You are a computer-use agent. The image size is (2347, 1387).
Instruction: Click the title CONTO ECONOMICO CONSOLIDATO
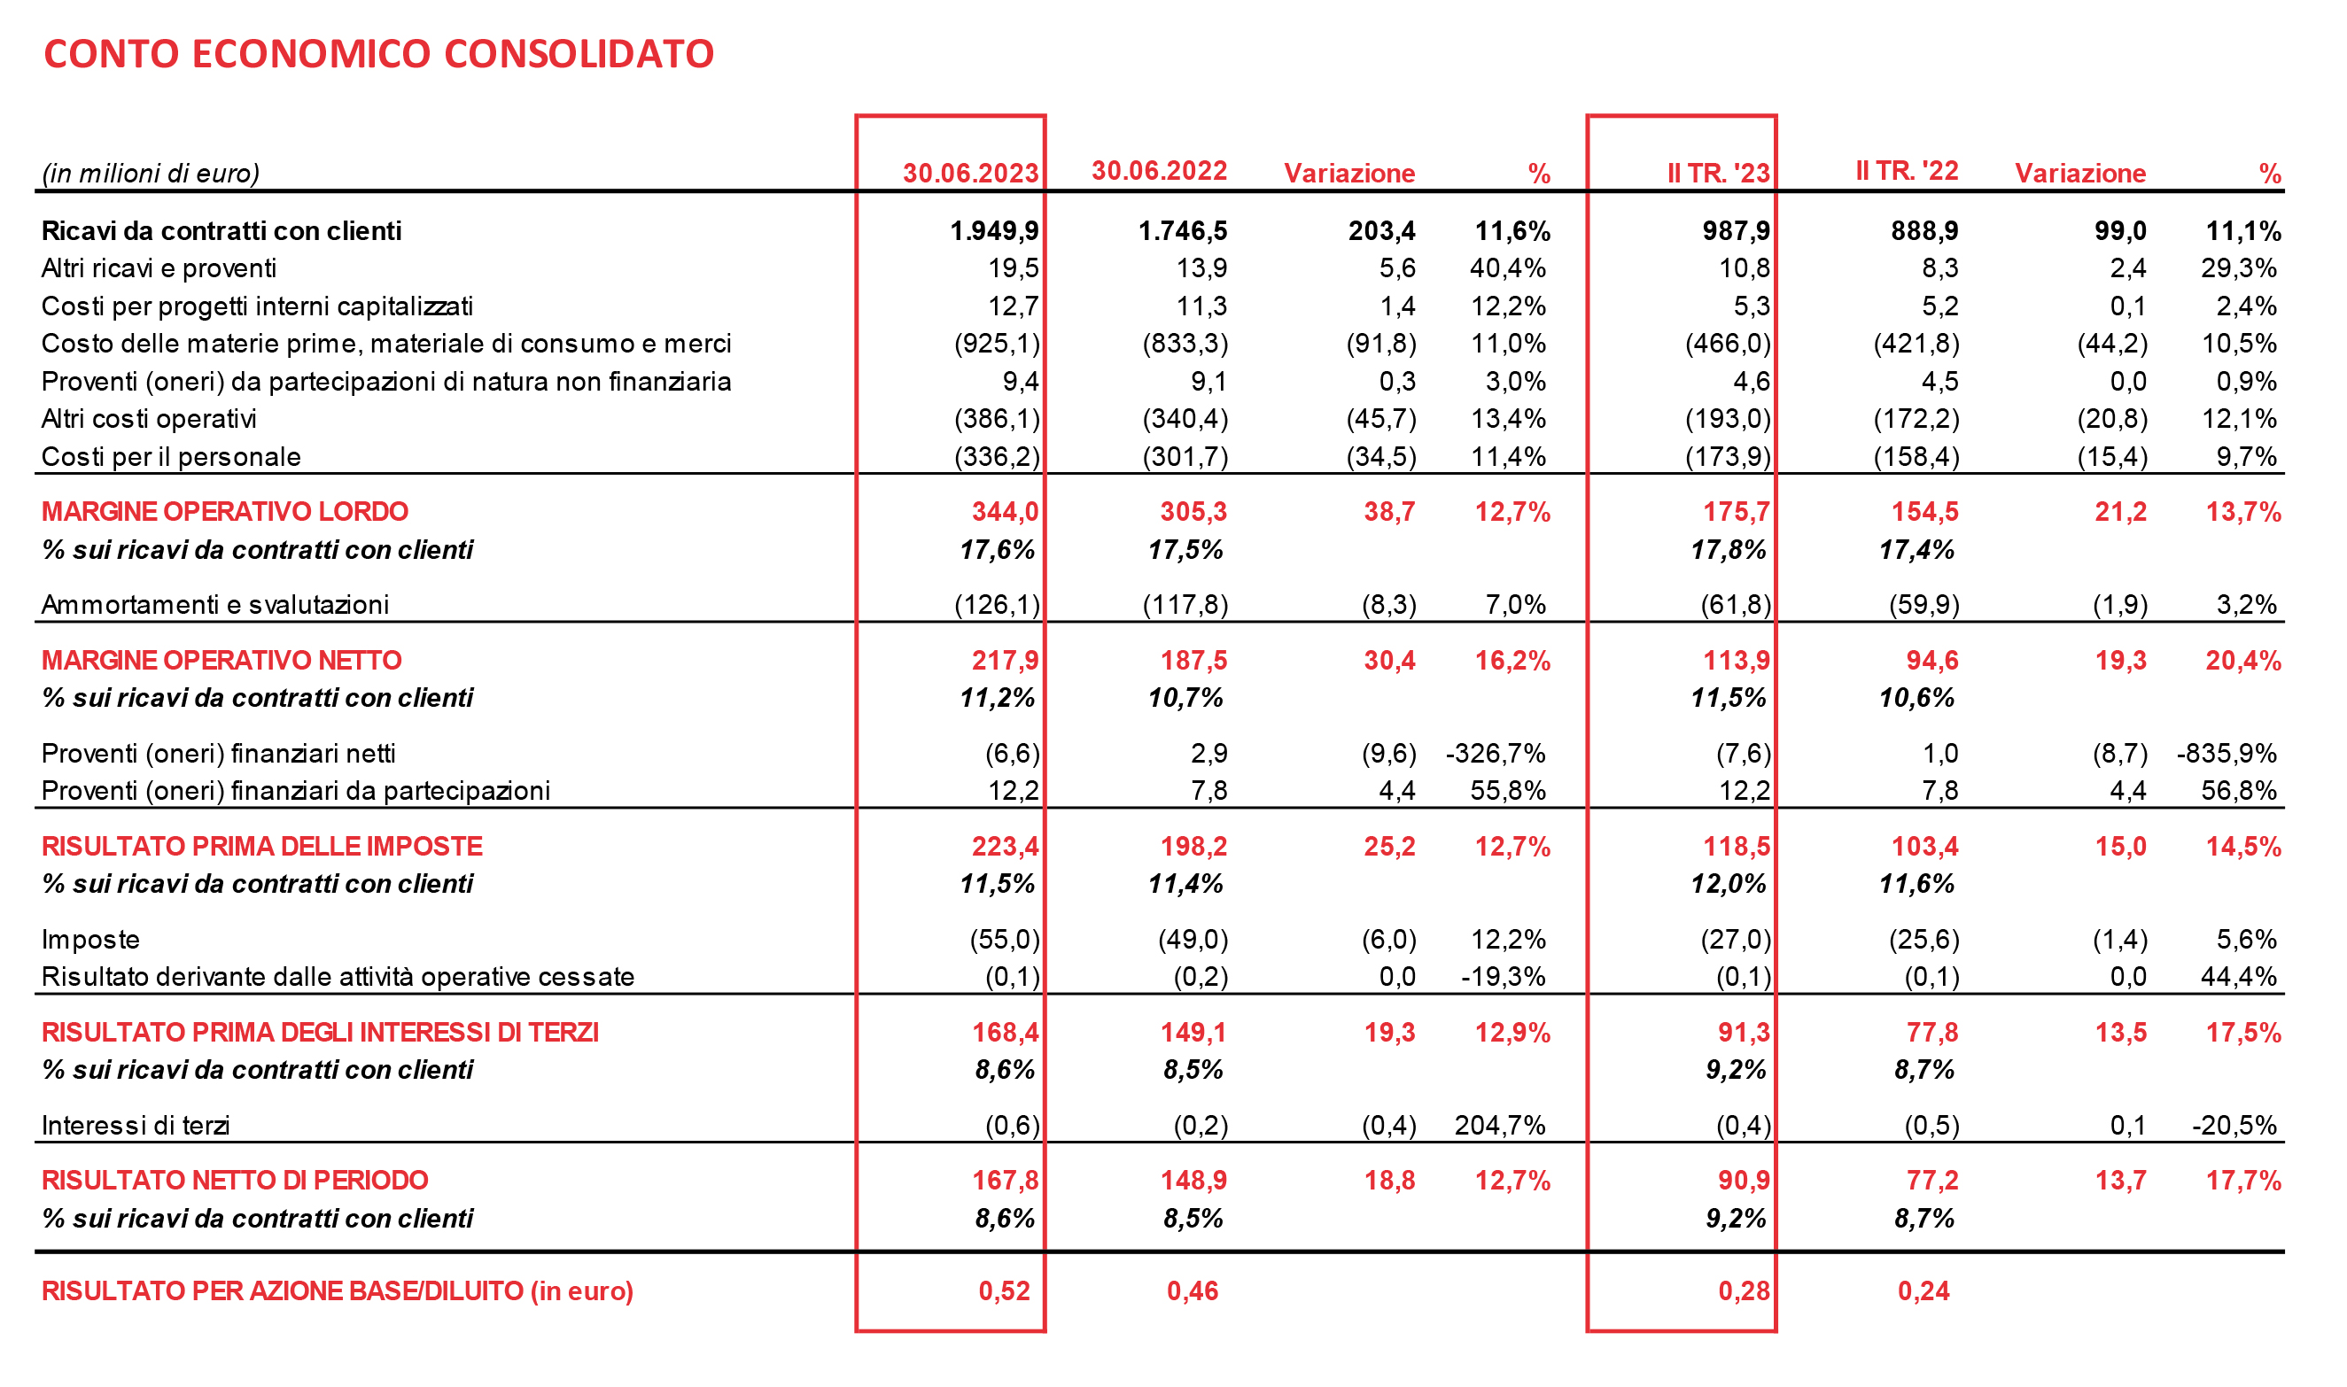378,54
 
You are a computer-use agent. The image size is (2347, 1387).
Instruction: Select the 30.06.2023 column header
970,173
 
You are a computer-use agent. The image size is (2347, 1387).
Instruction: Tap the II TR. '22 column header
1907,170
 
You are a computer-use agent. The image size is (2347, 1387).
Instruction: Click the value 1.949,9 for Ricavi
993,231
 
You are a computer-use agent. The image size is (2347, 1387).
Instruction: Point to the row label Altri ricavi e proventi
159,268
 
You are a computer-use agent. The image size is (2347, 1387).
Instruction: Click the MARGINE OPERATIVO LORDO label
224,511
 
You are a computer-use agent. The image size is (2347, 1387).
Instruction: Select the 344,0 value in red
1005,511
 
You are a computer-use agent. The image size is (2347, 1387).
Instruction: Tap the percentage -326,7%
1496,754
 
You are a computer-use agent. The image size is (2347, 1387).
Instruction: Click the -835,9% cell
2227,754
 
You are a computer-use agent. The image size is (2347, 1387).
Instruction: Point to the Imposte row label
90,940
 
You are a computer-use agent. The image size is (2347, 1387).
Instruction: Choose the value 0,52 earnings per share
1004,1290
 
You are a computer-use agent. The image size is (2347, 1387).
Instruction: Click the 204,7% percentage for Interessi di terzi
1499,1126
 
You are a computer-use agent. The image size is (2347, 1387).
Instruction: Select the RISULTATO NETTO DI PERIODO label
235,1181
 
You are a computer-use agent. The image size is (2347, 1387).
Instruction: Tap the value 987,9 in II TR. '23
1736,231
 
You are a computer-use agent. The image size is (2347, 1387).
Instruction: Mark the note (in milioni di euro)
151,173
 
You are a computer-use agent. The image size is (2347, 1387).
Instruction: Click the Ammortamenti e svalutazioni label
215,605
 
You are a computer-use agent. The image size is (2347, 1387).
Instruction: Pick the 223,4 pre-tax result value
1005,846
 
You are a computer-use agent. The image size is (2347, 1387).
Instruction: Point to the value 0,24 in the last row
1923,1290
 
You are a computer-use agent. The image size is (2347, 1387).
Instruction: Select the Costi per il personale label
171,457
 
